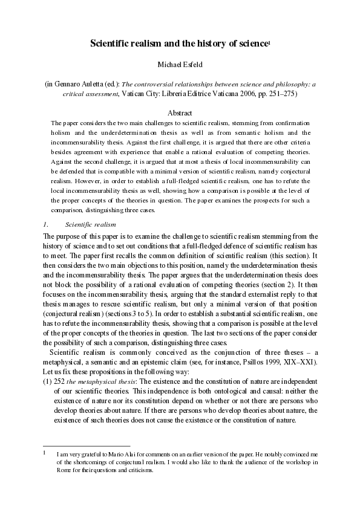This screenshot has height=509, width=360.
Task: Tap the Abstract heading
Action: pos(180,112)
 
